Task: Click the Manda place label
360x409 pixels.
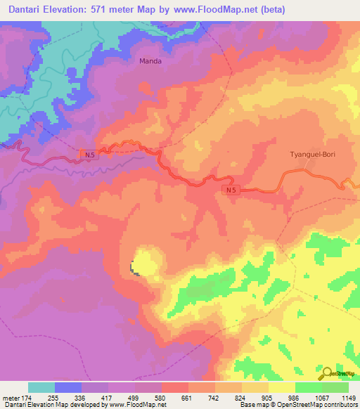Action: [x=150, y=61]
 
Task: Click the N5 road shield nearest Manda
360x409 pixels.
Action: [x=86, y=154]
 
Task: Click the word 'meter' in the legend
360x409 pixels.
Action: [x=10, y=397]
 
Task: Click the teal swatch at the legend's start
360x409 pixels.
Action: [x=41, y=387]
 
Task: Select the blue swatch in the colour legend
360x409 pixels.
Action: [x=68, y=387]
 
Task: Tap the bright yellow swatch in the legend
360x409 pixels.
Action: [x=282, y=387]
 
